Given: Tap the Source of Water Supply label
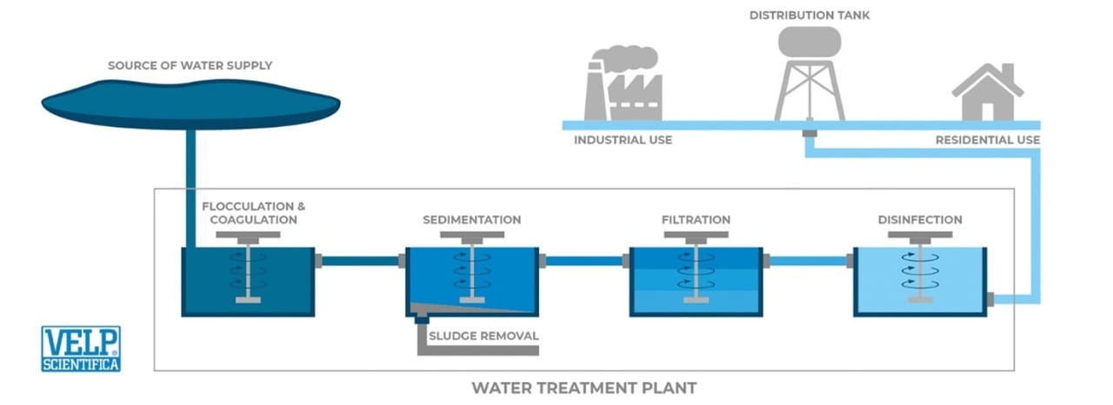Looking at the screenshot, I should coord(190,65).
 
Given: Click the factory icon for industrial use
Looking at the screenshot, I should coord(623,84).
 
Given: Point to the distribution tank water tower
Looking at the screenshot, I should coord(809,70).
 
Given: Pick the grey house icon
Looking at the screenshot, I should coord(989,93).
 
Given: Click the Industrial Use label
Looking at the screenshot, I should coord(623,140).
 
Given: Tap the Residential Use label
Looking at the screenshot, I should coord(987,140).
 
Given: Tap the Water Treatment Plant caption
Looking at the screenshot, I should coord(584,388).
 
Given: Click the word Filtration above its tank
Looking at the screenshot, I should coord(696,220).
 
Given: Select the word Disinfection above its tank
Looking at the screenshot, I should coord(920,220).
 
